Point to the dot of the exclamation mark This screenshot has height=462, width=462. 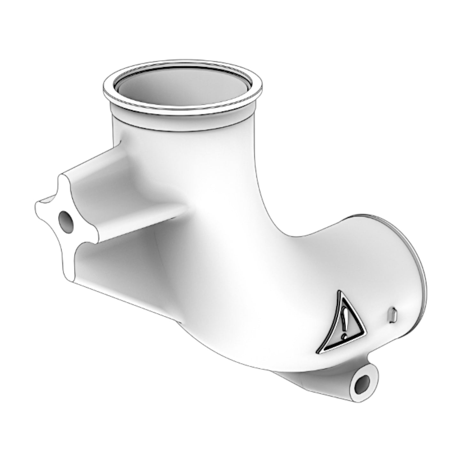[x=344, y=336]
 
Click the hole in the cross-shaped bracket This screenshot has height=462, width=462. [x=65, y=221]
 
